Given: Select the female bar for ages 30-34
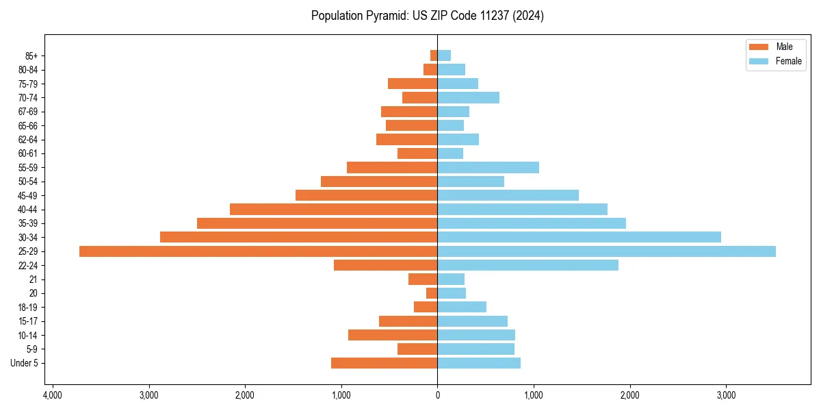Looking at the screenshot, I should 579,237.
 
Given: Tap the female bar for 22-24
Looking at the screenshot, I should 527,265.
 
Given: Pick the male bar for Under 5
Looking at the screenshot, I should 384,363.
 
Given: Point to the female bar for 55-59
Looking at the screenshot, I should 488,167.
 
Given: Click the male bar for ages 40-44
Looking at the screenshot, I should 333,209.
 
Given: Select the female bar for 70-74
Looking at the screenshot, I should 468,97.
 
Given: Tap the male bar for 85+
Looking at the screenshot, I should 434,55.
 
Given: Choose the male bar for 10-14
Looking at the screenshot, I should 393,335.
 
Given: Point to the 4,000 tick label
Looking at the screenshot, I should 52,395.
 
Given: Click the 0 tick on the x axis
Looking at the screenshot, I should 437,395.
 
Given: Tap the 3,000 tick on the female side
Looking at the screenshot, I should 726,395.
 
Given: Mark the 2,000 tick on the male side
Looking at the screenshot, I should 245,395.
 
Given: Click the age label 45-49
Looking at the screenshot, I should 27,195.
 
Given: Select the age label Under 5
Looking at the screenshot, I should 24,363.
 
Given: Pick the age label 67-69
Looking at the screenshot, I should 27,112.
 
